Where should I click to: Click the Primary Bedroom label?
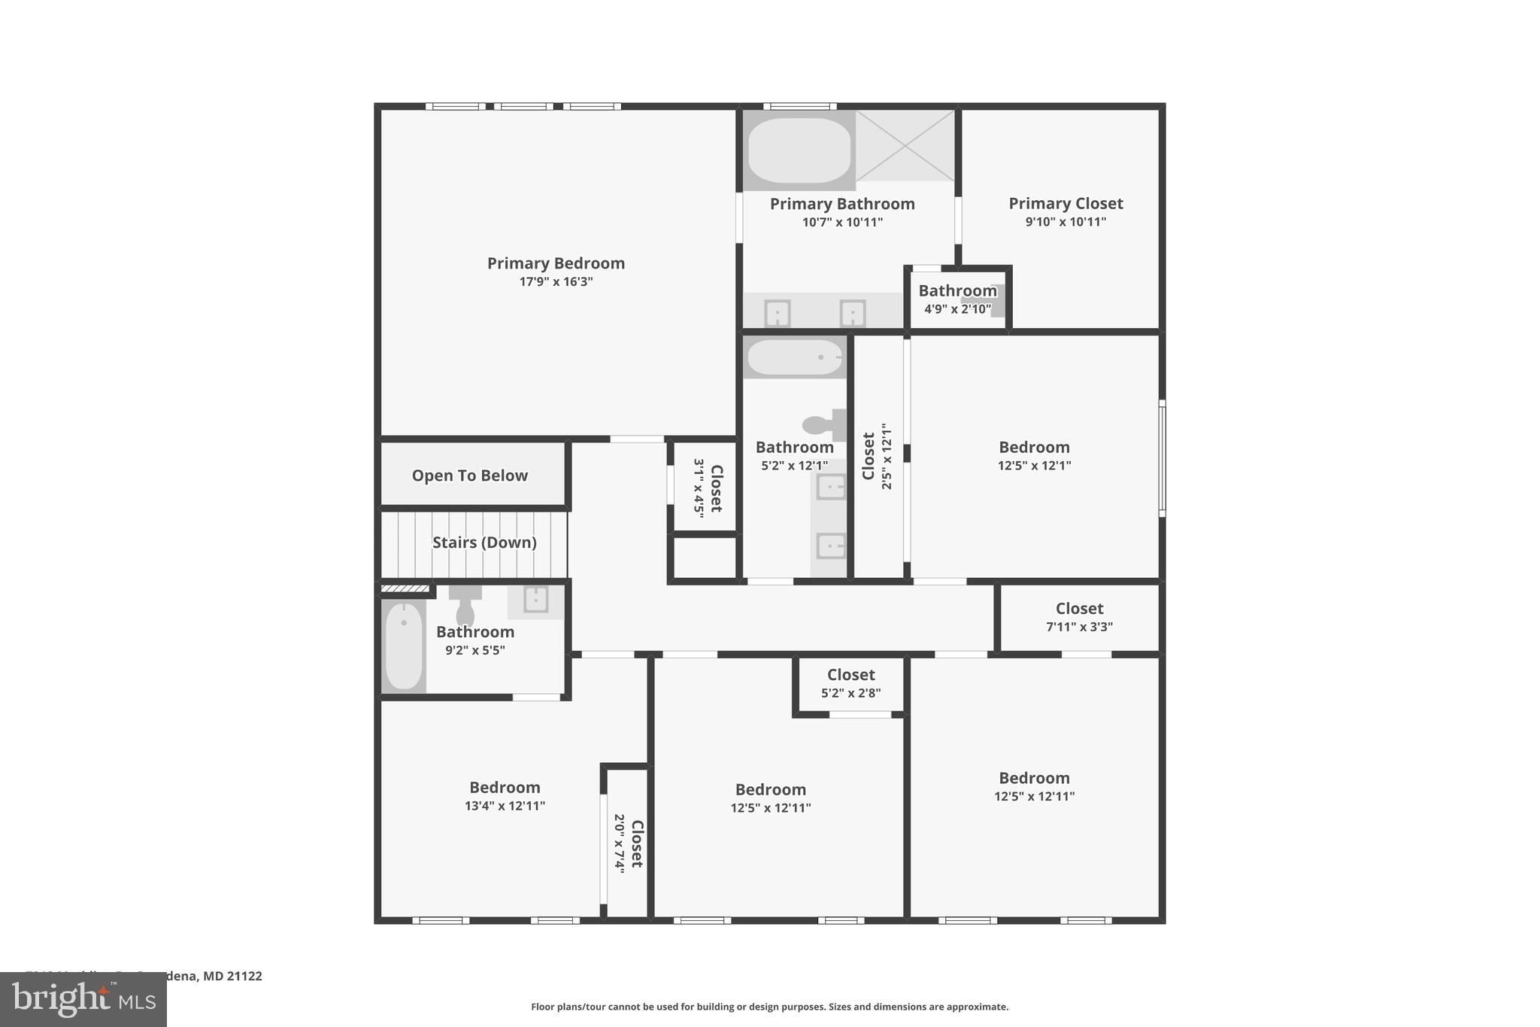[x=556, y=263]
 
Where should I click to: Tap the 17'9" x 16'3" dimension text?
[x=556, y=282]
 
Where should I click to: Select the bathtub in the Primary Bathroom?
[x=799, y=150]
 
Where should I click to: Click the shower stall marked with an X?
[x=905, y=145]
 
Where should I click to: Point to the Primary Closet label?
[x=1066, y=203]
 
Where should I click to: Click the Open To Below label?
[x=469, y=476]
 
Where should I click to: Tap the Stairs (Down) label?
[x=484, y=542]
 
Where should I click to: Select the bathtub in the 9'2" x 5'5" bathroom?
[x=404, y=646]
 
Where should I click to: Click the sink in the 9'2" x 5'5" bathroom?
[x=535, y=600]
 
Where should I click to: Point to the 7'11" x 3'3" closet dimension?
[x=1079, y=627]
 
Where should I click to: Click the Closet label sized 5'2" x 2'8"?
[x=850, y=675]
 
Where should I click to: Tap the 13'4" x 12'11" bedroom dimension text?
[x=505, y=806]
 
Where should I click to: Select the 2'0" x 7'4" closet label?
[x=636, y=843]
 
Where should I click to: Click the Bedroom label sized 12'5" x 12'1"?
[x=1034, y=447]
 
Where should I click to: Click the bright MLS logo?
[x=83, y=999]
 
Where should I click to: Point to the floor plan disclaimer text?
[x=769, y=1007]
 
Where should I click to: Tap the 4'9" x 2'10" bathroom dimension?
[x=957, y=309]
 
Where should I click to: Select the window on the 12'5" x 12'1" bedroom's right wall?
[x=1162, y=457]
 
